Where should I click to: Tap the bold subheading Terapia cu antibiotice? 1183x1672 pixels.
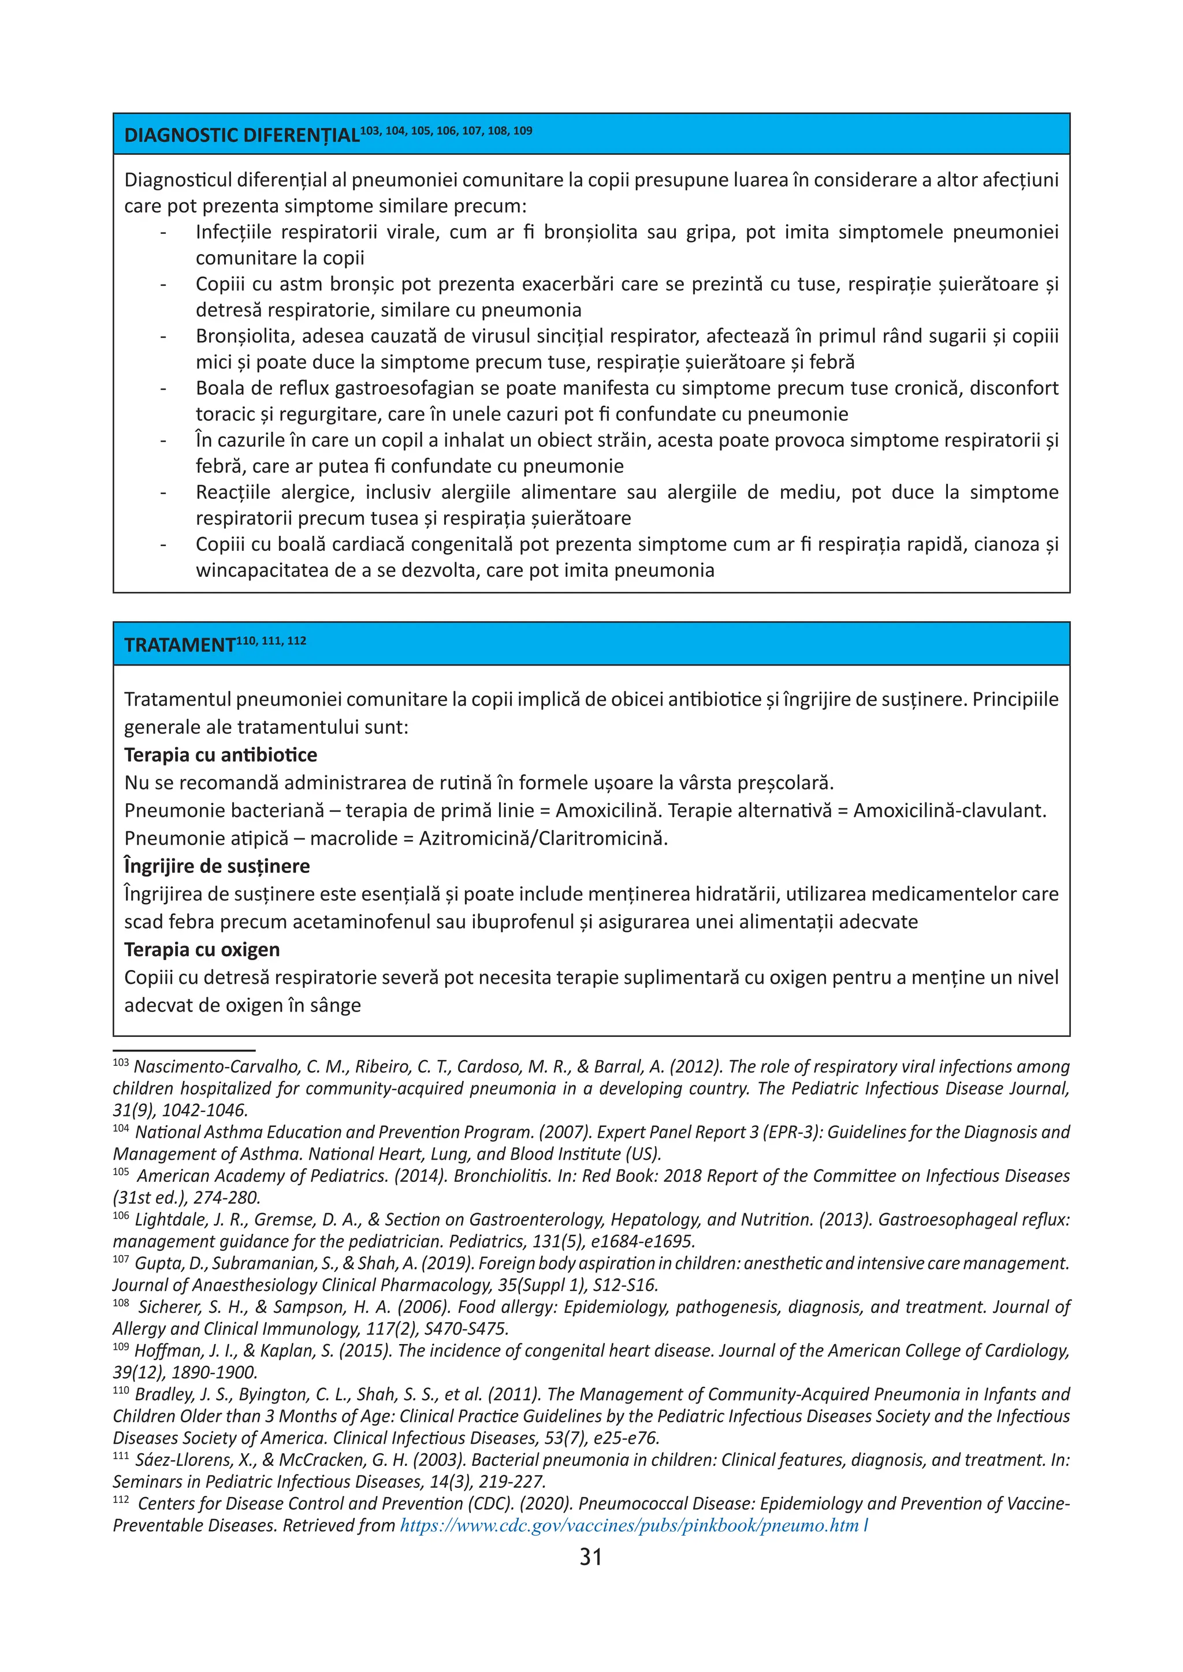click(221, 755)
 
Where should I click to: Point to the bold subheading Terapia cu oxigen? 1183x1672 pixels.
click(202, 950)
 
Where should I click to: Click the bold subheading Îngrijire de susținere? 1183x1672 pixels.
click(217, 866)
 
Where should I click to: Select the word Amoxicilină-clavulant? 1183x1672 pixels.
click(949, 811)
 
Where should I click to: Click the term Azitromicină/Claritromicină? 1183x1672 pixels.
click(543, 838)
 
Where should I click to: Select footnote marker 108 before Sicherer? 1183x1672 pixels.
click(121, 1304)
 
